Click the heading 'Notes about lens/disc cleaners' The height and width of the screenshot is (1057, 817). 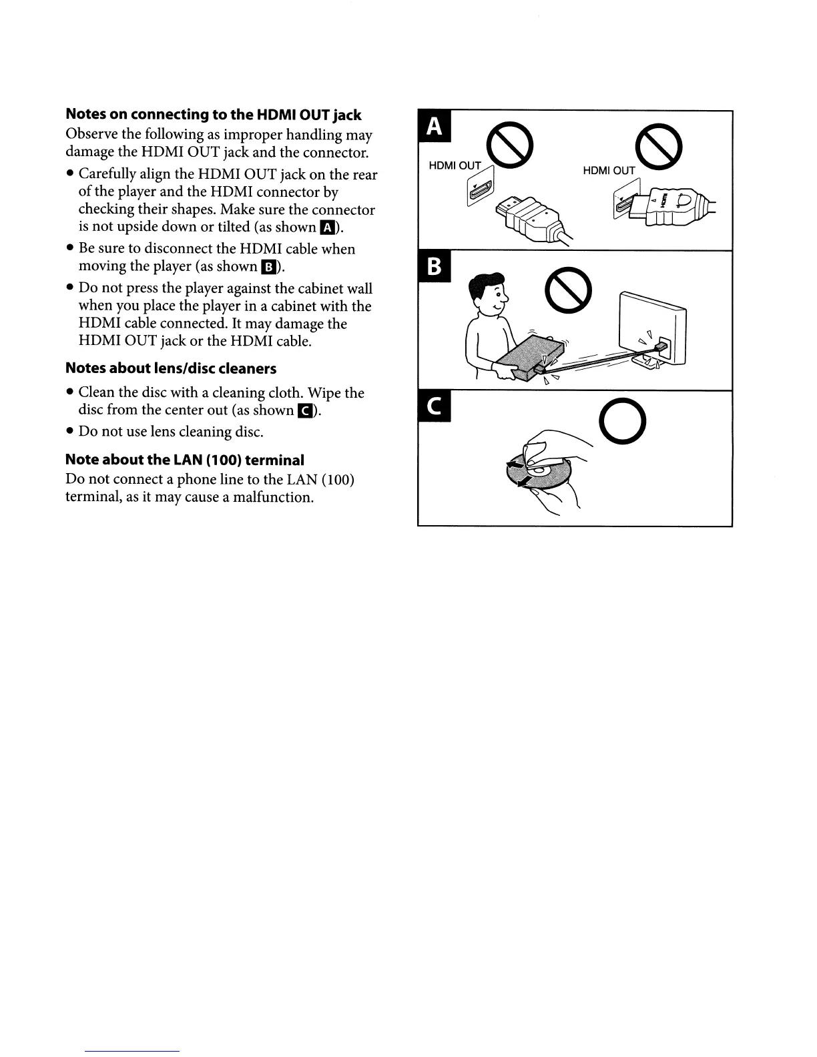click(171, 369)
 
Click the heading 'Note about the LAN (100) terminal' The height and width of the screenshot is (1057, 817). click(185, 460)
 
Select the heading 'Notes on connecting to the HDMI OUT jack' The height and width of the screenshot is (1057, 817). click(214, 115)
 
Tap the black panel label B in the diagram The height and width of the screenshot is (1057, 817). click(434, 268)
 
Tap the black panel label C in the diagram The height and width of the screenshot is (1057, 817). click(434, 408)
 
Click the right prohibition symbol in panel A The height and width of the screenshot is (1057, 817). click(659, 147)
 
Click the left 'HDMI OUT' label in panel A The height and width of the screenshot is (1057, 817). click(455, 165)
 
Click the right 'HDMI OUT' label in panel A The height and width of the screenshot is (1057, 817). click(609, 171)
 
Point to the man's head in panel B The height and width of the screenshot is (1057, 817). click(489, 294)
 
